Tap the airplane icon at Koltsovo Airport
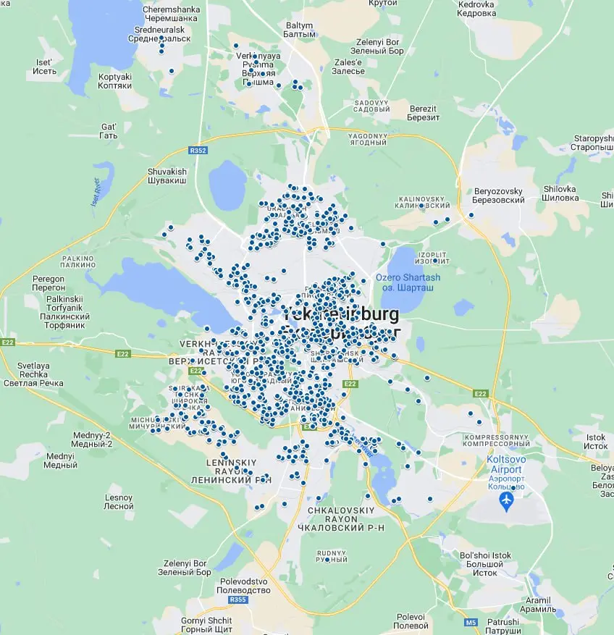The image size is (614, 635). tap(507, 500)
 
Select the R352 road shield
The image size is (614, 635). tap(197, 151)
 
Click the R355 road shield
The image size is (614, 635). tap(237, 600)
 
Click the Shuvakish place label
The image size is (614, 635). tap(167, 176)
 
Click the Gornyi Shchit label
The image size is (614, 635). tap(206, 625)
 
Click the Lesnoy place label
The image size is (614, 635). tap(119, 502)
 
